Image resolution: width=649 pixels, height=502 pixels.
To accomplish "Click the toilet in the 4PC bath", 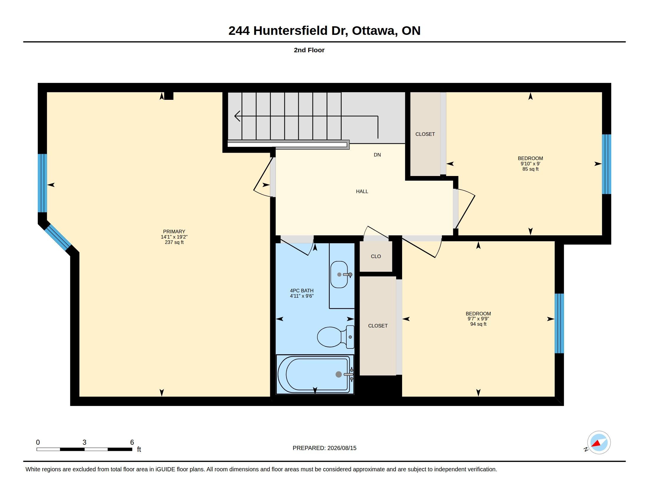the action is point(335,337).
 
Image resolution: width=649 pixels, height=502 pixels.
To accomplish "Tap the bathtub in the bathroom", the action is point(315,374).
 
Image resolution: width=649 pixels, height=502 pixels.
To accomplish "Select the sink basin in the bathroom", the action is point(339,275).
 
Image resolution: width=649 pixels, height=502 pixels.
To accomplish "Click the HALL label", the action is point(362,192).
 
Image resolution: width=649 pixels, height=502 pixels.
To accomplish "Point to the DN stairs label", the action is point(377,155).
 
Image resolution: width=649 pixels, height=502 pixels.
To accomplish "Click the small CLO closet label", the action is point(376,256).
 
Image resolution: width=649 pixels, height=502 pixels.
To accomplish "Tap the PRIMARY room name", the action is point(174,232).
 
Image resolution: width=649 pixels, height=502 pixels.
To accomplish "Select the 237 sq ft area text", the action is point(174,242).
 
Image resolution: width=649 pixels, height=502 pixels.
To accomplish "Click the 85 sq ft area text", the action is point(530,169).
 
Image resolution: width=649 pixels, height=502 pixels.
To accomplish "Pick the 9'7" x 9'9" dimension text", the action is point(478,319).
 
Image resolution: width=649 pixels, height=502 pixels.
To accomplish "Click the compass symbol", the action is point(599,442).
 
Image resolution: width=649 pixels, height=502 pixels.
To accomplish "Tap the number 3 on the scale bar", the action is point(84,442).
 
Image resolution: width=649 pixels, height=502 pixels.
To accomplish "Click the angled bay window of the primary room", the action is point(58,237).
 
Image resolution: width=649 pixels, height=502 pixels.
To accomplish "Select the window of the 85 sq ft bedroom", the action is point(607,164).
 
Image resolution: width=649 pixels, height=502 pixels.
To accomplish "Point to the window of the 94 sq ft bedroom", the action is point(559,323).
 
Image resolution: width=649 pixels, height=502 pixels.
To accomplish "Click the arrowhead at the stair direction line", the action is point(237,116).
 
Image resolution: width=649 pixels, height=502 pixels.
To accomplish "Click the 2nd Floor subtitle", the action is point(309,50).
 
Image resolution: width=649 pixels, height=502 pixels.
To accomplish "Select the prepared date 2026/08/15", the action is point(342,448).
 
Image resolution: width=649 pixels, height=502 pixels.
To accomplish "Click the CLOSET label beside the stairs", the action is point(425,134).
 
